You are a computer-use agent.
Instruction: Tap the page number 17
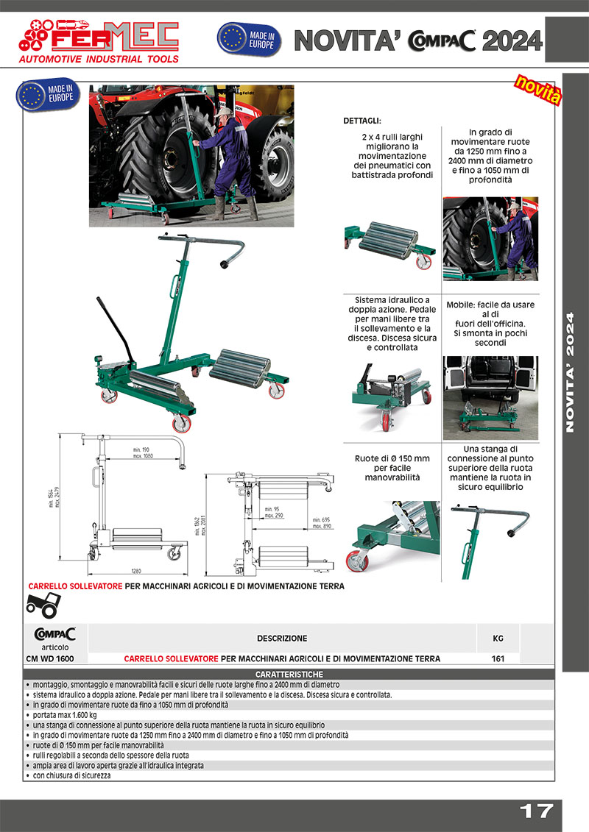(x=536, y=811)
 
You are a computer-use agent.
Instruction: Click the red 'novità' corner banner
(x=537, y=90)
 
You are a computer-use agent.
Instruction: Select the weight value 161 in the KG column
(x=498, y=658)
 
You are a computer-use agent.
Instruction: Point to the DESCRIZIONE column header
(x=282, y=639)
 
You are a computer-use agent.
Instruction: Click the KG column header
(x=498, y=639)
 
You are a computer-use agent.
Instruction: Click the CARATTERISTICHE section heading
(x=289, y=675)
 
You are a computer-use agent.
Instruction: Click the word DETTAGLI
(x=363, y=121)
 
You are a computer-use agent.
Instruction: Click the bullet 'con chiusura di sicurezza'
(x=72, y=775)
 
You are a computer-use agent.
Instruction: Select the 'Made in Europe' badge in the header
(x=247, y=39)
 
